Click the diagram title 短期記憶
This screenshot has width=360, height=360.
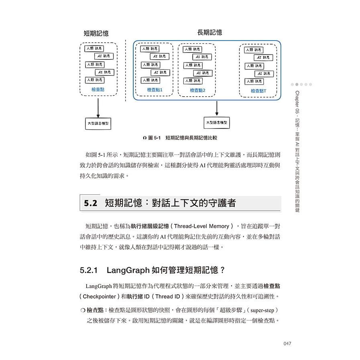click(x=96, y=34)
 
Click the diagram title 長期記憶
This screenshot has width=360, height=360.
click(x=209, y=33)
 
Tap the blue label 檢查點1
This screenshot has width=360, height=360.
click(x=155, y=90)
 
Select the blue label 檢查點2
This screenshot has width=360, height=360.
click(x=197, y=90)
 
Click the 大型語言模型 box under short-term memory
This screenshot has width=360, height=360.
click(x=98, y=123)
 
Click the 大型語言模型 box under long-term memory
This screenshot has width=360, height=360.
click(x=217, y=122)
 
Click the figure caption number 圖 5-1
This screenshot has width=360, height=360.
click(x=154, y=138)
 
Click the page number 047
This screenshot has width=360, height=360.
click(x=276, y=343)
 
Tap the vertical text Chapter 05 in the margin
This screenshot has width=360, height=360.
click(x=297, y=102)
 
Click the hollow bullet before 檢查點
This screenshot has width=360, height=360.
click(x=83, y=311)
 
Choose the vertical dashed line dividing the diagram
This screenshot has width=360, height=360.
click(x=126, y=70)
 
